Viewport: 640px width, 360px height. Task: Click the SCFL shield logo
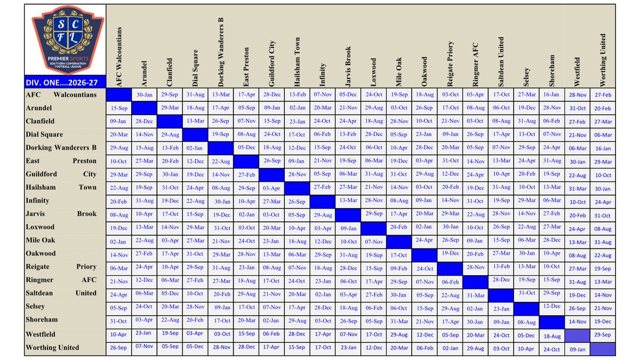(x=68, y=39)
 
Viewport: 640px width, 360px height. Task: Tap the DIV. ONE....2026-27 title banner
(x=65, y=82)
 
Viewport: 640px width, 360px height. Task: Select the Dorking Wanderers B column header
(x=221, y=52)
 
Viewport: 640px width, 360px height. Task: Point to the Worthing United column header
(x=603, y=60)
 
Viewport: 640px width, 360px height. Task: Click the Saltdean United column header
(x=501, y=62)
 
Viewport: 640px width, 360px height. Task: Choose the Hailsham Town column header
(x=297, y=62)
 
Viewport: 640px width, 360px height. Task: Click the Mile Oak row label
(x=41, y=241)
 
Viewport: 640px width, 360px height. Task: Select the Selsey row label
(x=35, y=307)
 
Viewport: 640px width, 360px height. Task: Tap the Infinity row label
(x=37, y=201)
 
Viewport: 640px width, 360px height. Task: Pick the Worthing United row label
(x=52, y=348)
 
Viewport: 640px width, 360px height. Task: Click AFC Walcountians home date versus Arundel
(x=145, y=95)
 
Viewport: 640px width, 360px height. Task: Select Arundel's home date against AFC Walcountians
(x=119, y=108)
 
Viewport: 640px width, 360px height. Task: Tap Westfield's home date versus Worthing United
(x=603, y=335)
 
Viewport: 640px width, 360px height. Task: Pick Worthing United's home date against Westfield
(x=578, y=349)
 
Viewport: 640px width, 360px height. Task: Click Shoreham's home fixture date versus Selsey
(x=526, y=322)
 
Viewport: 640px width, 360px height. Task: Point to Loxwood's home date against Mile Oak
(x=398, y=227)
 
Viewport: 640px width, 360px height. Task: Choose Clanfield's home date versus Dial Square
(x=195, y=121)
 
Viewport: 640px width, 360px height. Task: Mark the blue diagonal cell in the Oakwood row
(x=425, y=255)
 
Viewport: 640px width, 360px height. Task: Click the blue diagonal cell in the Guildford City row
(x=271, y=175)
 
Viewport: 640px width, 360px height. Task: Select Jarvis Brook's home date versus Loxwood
(x=373, y=214)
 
